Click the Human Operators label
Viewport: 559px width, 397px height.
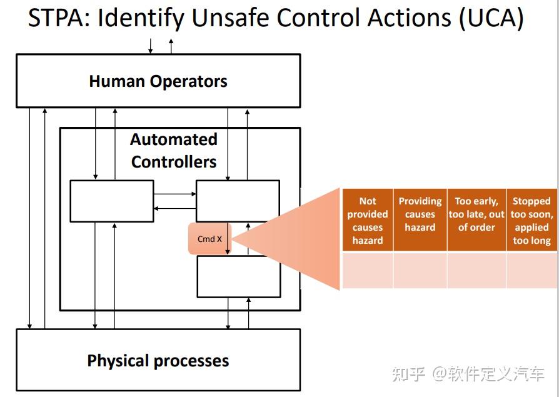(x=158, y=81)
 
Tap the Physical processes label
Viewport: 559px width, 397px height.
(x=158, y=361)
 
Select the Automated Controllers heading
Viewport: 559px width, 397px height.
(x=174, y=151)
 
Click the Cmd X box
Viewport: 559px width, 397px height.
(x=209, y=239)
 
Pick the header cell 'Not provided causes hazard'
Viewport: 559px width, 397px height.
(x=368, y=220)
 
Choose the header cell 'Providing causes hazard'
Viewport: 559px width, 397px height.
(x=420, y=214)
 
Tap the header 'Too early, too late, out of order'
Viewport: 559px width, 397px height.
(x=476, y=214)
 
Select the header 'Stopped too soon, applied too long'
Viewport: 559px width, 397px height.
(x=531, y=220)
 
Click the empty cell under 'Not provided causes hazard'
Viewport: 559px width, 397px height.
(x=368, y=270)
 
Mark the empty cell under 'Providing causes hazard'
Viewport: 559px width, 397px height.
(x=420, y=270)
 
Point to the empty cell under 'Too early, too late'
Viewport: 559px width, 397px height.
(x=476, y=270)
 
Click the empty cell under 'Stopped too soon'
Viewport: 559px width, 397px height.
(x=531, y=270)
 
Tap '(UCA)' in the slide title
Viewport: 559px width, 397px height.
(x=491, y=19)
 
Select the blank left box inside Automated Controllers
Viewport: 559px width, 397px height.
(x=112, y=201)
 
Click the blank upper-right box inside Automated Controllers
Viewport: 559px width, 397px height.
(x=238, y=201)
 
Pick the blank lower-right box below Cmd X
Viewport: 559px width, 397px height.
(x=239, y=276)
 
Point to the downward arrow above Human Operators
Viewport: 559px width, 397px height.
(x=150, y=46)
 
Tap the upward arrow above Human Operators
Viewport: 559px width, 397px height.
(x=171, y=46)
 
